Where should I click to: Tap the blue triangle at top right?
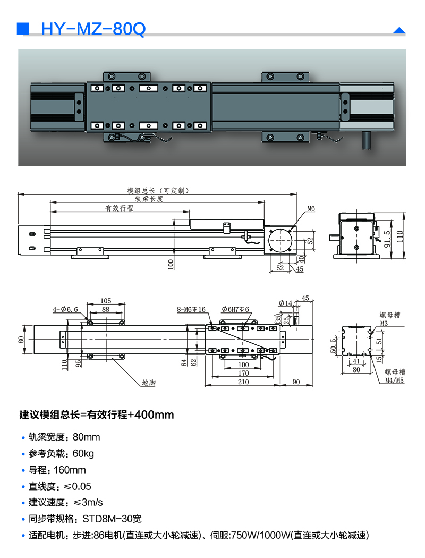[x=399, y=31]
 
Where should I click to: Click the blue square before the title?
[x=23, y=29]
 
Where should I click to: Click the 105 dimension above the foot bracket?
[x=105, y=301]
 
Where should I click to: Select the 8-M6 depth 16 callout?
[x=191, y=309]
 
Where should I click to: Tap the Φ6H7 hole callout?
[x=235, y=309]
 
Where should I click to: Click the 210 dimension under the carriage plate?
[x=243, y=382]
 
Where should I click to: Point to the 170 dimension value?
[x=243, y=373]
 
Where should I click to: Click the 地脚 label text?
[x=149, y=382]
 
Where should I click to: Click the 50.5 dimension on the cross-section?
[x=334, y=345]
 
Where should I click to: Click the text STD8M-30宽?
[x=112, y=519]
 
